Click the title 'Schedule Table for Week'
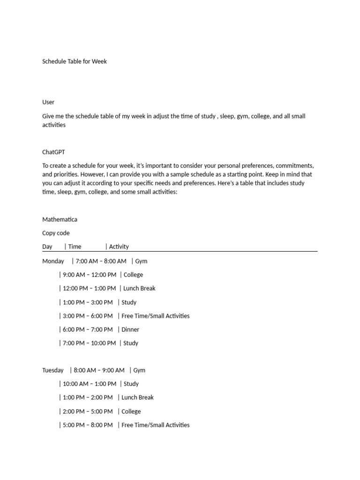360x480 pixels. point(75,61)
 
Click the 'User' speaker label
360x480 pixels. point(48,102)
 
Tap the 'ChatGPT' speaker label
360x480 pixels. point(53,152)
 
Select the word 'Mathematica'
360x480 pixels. point(60,219)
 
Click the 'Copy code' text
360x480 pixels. point(56,233)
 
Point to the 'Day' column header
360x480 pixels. point(47,247)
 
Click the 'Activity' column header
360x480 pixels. point(119,247)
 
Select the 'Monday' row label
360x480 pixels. point(53,261)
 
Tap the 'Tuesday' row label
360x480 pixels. point(53,370)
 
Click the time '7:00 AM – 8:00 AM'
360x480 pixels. point(101,261)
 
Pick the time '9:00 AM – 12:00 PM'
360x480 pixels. point(90,275)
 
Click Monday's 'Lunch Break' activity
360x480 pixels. point(139,288)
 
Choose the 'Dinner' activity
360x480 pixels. point(130,330)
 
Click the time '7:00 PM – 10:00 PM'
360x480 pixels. point(89,343)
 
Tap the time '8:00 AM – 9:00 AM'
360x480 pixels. point(99,370)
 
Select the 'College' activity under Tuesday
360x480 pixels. point(131,412)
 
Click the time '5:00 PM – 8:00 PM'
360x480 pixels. point(88,425)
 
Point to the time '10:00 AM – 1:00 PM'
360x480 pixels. point(90,384)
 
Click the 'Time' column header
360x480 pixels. point(75,247)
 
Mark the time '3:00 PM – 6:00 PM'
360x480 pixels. point(88,316)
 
